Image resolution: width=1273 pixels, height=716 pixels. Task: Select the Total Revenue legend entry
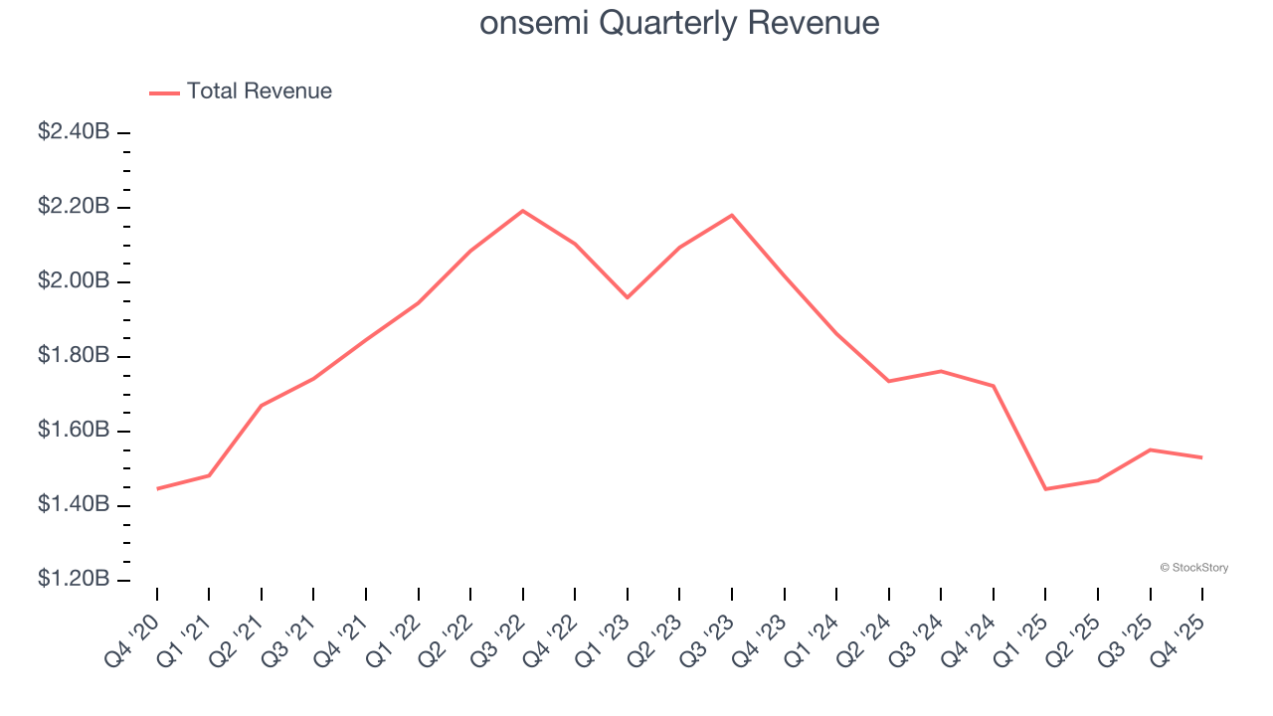tap(242, 91)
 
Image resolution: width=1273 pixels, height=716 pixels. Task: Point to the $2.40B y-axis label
tap(74, 132)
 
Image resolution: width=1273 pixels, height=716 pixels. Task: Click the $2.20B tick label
tap(74, 207)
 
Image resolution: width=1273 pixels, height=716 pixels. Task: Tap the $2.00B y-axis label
tap(74, 281)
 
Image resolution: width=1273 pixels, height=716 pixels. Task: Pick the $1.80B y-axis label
tap(74, 356)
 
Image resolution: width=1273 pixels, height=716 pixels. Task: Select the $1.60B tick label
tap(74, 431)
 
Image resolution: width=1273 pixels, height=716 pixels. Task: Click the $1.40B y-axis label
tap(74, 505)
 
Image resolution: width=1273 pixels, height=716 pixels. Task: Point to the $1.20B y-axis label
tap(74, 580)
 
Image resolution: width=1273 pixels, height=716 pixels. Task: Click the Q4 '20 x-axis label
tap(132, 642)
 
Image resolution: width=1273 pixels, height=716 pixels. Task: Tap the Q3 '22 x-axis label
tap(498, 642)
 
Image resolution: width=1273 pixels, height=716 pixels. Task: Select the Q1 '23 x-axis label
tap(603, 642)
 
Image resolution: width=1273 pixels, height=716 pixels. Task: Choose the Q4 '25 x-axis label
tap(1179, 642)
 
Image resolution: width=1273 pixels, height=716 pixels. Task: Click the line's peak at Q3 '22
tap(523, 211)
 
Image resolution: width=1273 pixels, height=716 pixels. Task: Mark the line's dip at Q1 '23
tap(628, 297)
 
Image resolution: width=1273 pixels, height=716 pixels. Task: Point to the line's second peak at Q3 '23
tap(732, 215)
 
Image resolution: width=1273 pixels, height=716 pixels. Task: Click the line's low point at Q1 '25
tap(1045, 489)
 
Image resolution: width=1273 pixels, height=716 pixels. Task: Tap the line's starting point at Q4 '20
tap(157, 488)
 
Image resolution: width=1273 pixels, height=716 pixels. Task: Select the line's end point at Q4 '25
tap(1202, 457)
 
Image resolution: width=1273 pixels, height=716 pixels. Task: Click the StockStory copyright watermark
tap(1193, 568)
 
